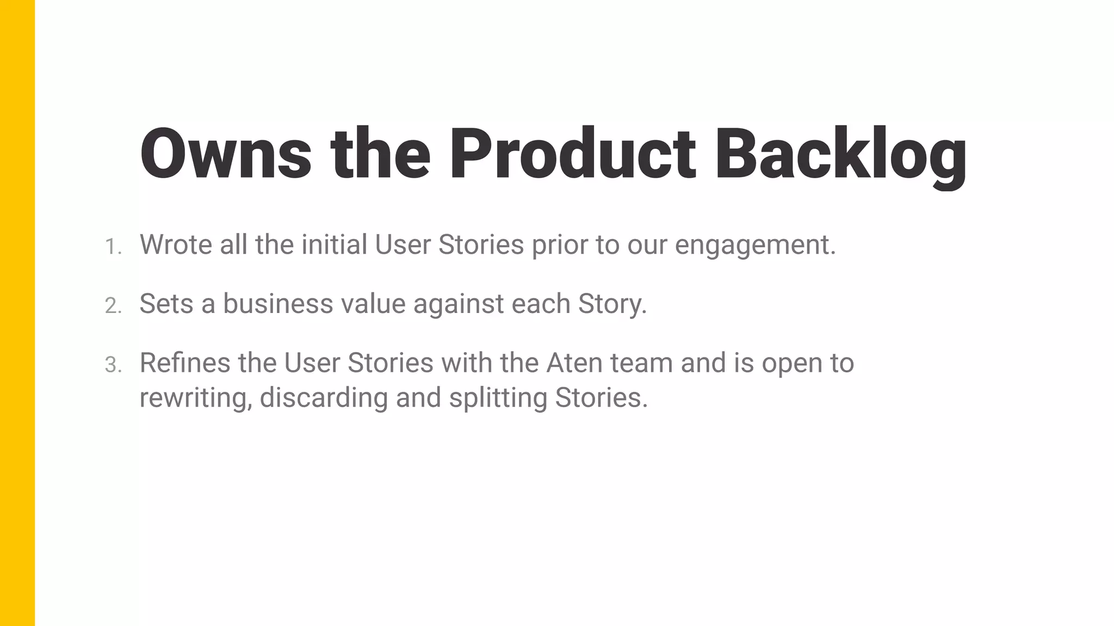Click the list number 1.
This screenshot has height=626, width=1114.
click(x=113, y=247)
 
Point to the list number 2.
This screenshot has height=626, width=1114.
click(x=113, y=306)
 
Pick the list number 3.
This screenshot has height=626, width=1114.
click(x=113, y=365)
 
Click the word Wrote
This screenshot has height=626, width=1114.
click(x=176, y=245)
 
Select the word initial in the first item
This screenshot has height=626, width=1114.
click(x=335, y=245)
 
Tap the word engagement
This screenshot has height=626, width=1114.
click(x=755, y=246)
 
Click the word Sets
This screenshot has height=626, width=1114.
click(x=166, y=303)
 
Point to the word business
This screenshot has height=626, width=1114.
click(x=278, y=303)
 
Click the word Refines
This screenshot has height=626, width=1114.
click(x=184, y=362)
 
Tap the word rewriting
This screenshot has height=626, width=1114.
click(x=196, y=398)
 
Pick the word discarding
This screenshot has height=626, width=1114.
click(x=324, y=398)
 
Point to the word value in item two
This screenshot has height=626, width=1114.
click(x=373, y=303)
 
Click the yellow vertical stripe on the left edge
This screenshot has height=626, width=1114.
click(x=17, y=313)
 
